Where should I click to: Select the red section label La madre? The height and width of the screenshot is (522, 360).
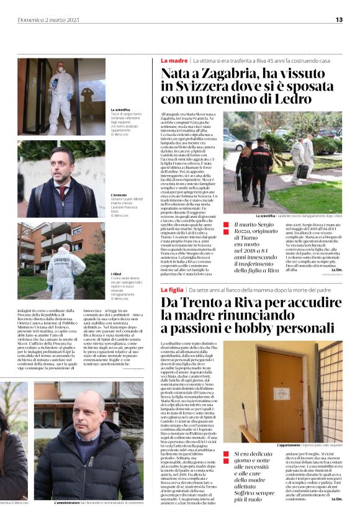[x=174, y=61]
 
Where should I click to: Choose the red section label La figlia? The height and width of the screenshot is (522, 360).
[x=173, y=289]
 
